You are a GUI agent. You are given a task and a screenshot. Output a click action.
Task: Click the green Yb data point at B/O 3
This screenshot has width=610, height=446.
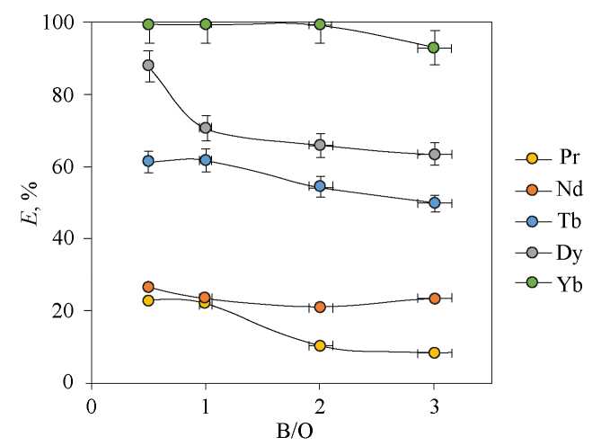[434, 48]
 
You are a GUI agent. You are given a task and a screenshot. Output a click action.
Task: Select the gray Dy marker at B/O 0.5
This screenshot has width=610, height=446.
[148, 65]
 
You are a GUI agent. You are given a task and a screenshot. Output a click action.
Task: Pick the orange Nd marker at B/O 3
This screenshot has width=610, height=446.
[434, 298]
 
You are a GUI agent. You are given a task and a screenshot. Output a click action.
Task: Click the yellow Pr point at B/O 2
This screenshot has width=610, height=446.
[320, 345]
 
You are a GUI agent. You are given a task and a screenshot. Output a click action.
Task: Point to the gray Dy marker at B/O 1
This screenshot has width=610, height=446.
[205, 128]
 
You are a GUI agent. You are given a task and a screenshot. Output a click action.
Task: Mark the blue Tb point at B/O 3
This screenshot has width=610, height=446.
[434, 202]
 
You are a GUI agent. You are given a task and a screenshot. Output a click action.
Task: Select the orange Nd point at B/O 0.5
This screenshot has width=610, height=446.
[148, 287]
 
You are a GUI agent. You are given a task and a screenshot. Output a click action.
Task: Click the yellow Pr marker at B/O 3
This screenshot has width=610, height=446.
[434, 352]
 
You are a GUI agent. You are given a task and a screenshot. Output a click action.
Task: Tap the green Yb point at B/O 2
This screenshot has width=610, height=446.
[320, 24]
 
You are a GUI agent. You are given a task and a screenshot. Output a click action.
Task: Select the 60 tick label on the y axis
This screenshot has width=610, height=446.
[68, 166]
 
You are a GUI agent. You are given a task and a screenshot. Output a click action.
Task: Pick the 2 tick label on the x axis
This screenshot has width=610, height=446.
[320, 405]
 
